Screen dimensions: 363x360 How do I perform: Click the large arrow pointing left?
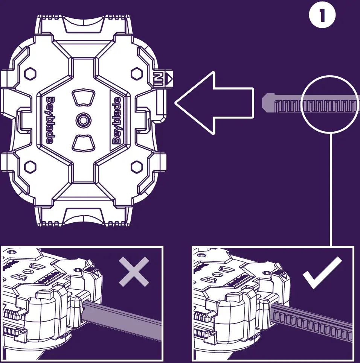[x=215, y=103]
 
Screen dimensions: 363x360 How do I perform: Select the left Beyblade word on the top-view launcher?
[x=50, y=120]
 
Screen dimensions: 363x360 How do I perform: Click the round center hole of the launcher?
[x=82, y=120]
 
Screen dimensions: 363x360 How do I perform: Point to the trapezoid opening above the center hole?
[x=83, y=97]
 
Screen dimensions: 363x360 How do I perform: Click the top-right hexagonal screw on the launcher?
[x=136, y=73]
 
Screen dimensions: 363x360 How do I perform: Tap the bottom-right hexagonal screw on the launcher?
[x=136, y=166]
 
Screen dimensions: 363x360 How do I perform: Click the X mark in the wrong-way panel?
[x=134, y=272]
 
